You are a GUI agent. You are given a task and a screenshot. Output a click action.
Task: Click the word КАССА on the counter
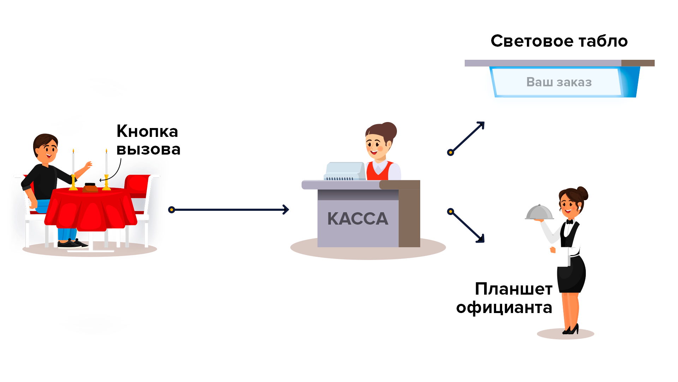pos(358,219)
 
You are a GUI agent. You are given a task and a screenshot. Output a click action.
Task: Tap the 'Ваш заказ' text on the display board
pos(559,82)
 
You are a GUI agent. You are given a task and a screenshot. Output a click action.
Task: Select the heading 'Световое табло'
pos(559,41)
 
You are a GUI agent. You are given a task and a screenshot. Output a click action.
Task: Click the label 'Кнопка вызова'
pos(148,140)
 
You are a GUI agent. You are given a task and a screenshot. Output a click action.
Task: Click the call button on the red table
pos(90,187)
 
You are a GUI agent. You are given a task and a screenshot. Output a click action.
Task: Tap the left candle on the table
pos(73,170)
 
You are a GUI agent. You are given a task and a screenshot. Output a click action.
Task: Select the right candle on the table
pos(106,170)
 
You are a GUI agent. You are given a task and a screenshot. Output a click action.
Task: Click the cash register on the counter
pos(345,172)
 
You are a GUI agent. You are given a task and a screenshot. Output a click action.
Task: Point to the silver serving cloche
pos(539,213)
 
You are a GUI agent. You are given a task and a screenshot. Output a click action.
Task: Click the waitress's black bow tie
pos(569,222)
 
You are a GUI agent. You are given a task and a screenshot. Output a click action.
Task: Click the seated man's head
pos(46,147)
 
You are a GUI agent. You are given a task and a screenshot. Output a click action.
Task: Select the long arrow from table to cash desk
pos(230,210)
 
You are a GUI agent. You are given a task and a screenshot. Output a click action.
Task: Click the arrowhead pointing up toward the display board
pos(481,125)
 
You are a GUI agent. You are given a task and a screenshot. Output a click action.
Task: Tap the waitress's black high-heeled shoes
pos(572,330)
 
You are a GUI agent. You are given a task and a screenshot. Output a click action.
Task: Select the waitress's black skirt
pos(570,274)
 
